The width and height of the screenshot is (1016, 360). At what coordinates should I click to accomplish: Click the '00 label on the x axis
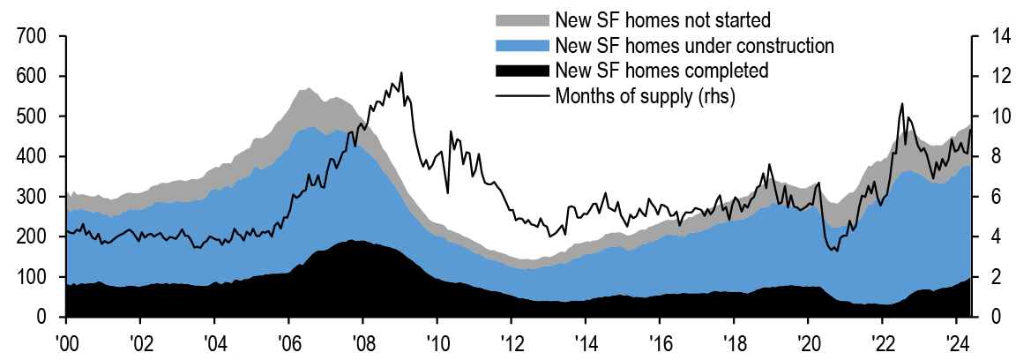point(65,341)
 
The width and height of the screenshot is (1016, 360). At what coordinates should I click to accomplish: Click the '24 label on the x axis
point(956,341)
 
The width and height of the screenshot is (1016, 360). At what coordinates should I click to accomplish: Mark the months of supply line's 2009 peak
point(401,73)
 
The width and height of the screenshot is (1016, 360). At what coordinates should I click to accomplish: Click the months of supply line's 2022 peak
point(902,104)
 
